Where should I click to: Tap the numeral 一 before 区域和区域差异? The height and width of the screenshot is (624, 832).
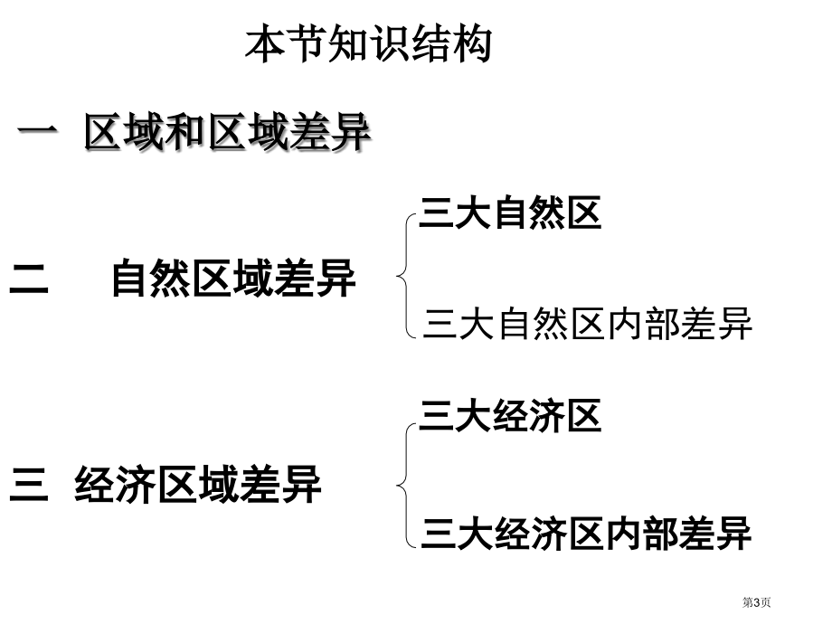(x=37, y=130)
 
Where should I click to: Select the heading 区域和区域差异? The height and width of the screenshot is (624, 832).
(x=227, y=132)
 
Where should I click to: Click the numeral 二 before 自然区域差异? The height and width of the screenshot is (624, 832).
(x=29, y=278)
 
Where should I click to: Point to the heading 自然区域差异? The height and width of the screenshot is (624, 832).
(x=233, y=278)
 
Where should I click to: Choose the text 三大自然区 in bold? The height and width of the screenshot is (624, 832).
(x=510, y=213)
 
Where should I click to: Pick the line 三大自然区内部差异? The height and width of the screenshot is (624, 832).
(x=588, y=323)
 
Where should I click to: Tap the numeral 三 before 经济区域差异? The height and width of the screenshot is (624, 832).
(x=29, y=484)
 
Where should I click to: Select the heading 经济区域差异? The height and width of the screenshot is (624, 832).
(x=198, y=484)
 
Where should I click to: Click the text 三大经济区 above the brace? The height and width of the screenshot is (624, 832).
(x=510, y=416)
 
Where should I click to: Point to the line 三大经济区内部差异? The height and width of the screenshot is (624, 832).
(x=586, y=533)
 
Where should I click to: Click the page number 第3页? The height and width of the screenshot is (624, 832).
(x=756, y=602)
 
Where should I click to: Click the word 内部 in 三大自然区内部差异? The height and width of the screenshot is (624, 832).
(x=642, y=323)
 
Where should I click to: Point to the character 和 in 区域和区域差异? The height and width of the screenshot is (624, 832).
(x=185, y=132)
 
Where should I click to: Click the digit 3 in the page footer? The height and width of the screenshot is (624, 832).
(x=756, y=602)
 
